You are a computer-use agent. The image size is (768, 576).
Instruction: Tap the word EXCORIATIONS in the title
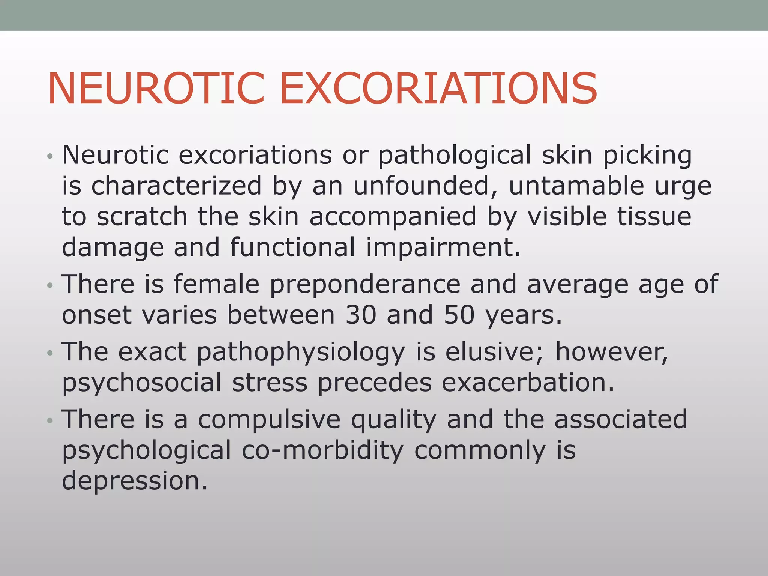[438, 89]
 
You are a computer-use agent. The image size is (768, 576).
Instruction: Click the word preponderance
[365, 284]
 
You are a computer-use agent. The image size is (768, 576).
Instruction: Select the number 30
[361, 315]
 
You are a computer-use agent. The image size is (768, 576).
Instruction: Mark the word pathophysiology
[300, 353]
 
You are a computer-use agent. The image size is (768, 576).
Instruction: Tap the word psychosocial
[142, 383]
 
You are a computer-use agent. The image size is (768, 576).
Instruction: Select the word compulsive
[269, 420]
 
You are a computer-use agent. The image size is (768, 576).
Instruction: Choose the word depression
[135, 481]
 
